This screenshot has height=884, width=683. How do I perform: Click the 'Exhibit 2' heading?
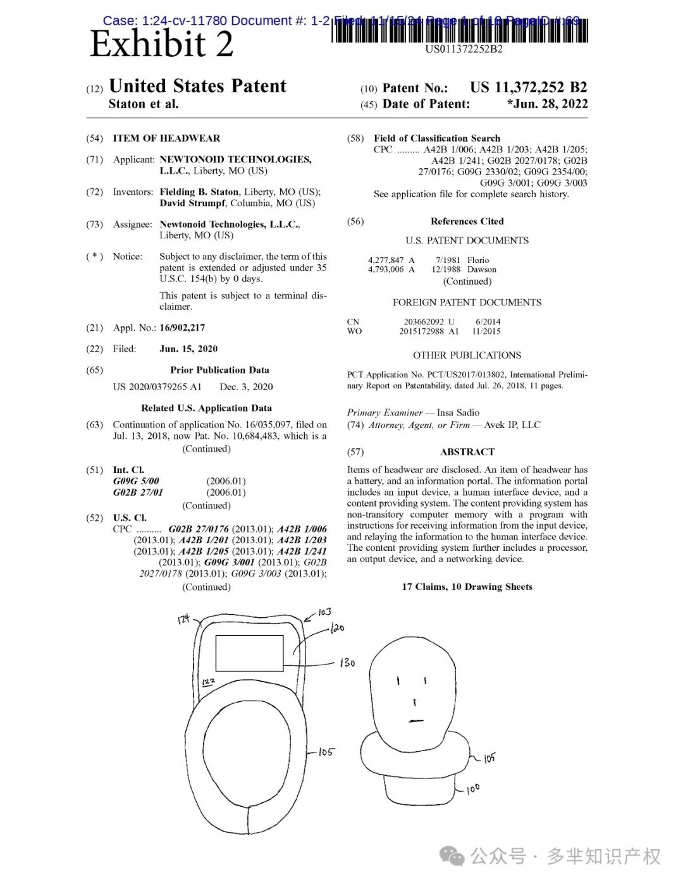161,44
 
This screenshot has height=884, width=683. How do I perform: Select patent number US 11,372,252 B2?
528,87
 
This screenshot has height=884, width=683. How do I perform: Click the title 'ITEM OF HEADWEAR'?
167,138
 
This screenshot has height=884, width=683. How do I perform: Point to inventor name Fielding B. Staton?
199,192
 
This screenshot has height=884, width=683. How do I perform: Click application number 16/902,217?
182,328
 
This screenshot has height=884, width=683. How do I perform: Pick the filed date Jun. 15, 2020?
188,349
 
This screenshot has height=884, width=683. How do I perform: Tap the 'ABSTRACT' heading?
467,451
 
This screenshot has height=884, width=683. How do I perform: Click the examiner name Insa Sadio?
458,412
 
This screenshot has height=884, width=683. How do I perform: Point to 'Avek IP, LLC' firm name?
512,425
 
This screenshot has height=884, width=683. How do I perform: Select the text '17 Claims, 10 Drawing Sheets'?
467,587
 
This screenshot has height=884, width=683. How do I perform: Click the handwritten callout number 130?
347,663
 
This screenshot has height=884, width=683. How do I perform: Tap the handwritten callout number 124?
183,620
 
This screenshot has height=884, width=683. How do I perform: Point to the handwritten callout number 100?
473,789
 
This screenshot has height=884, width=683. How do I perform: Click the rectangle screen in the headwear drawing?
249,653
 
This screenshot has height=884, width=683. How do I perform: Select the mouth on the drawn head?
415,720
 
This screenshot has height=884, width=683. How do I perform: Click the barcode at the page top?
460,32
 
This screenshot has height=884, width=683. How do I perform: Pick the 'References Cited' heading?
467,221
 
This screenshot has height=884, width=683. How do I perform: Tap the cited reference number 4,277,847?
386,260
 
